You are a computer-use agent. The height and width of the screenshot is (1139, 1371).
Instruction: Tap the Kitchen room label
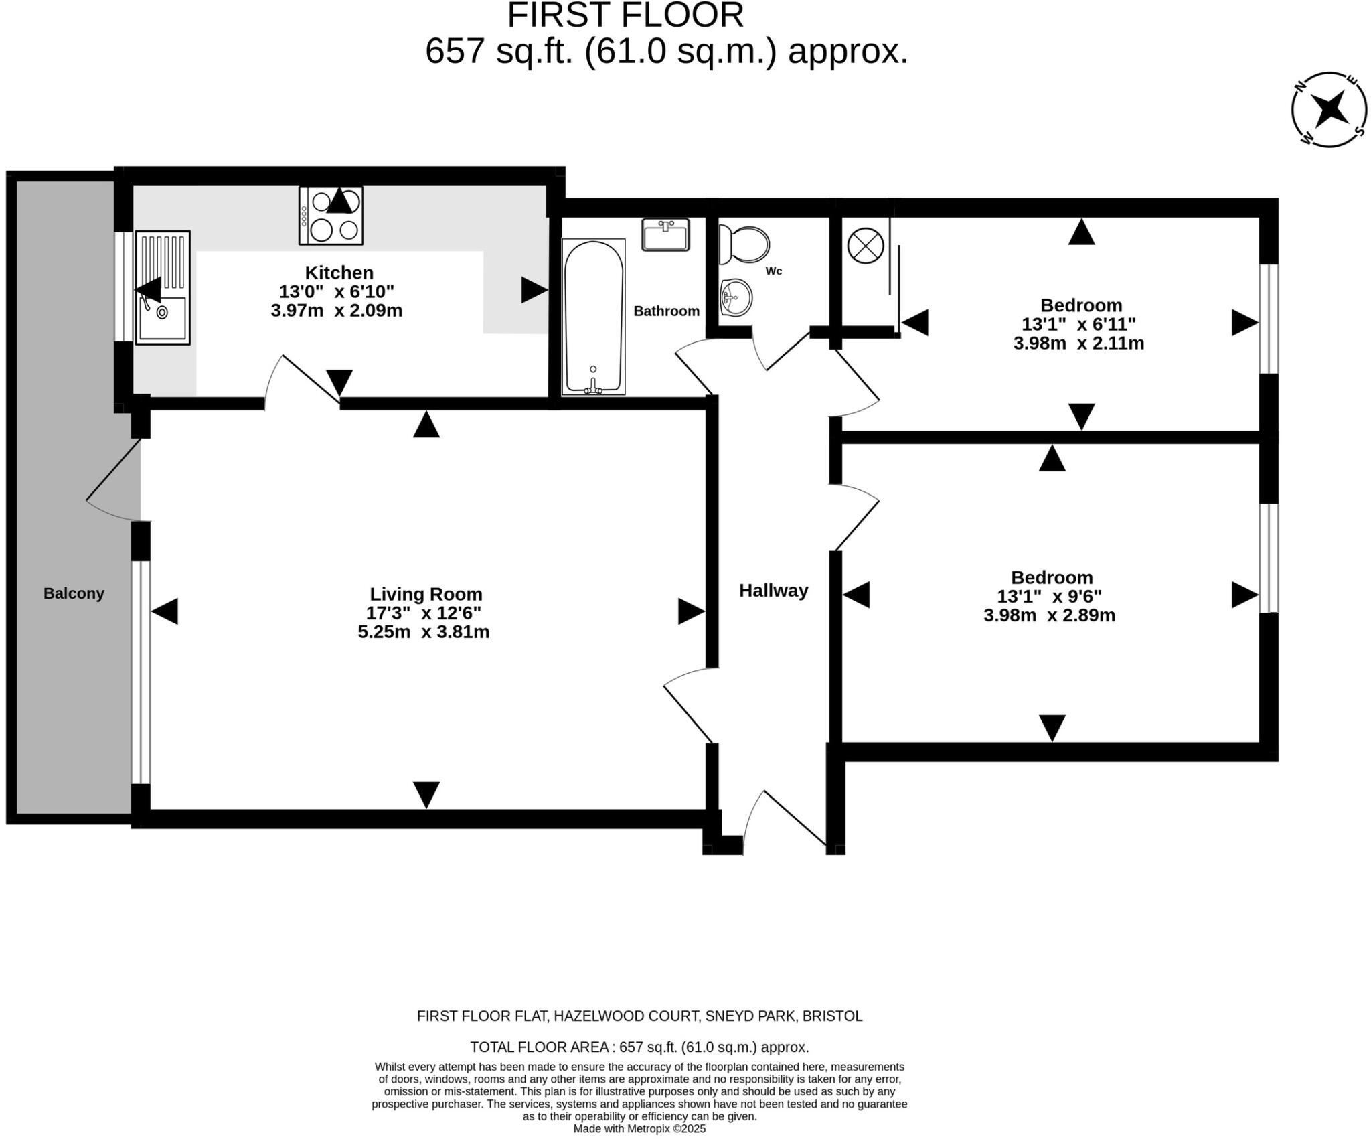(339, 273)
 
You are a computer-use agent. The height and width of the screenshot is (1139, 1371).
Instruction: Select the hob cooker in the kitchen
(331, 216)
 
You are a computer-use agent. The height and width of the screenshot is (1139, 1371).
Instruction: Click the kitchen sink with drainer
(163, 288)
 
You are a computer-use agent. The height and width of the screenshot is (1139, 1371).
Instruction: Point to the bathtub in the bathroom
(593, 317)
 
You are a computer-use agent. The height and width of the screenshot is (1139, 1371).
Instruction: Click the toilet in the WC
(744, 245)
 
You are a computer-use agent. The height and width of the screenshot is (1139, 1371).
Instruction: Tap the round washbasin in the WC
(736, 297)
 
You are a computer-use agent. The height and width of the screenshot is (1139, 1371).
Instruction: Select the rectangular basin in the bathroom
(665, 235)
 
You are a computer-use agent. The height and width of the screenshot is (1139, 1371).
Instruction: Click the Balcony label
(74, 593)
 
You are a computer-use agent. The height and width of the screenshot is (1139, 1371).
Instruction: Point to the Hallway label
(773, 590)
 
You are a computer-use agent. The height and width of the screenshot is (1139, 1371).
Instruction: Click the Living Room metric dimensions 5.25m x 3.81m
(423, 632)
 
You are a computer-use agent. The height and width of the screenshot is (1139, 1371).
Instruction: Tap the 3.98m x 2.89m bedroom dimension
(1049, 615)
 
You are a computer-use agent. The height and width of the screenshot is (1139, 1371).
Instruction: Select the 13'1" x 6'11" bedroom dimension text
(1078, 325)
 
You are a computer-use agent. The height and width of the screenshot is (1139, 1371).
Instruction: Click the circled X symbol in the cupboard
(866, 245)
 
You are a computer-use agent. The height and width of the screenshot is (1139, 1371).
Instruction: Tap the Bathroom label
(666, 311)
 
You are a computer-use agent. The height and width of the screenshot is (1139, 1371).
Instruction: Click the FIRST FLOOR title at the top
(625, 15)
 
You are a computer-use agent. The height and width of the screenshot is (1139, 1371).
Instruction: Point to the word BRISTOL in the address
(832, 1016)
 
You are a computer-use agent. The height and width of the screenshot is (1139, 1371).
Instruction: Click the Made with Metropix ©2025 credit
(639, 1129)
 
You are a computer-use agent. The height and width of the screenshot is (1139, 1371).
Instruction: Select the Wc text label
(774, 271)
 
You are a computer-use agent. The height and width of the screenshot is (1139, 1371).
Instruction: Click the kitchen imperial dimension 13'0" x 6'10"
(336, 292)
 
